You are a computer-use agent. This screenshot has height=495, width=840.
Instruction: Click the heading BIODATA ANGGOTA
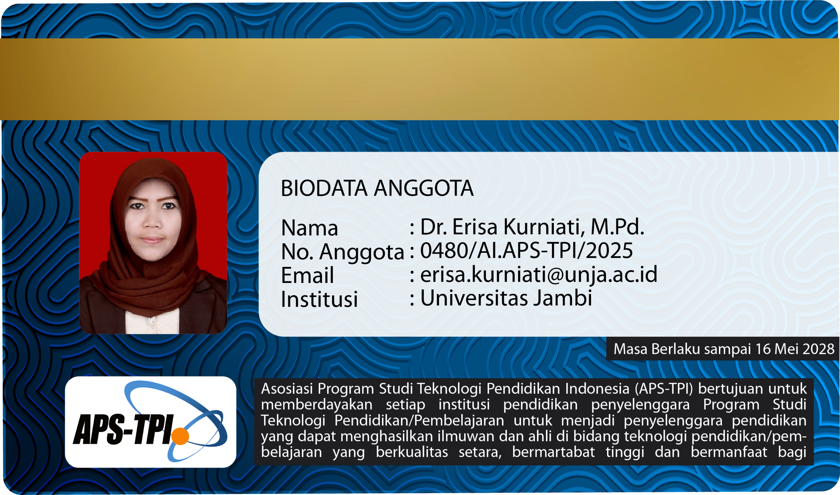point(377,188)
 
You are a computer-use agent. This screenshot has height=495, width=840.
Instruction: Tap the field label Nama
point(310,228)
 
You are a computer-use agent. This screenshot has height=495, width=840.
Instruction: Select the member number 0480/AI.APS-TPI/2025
point(526,250)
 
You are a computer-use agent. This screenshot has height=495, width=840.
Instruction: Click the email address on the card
point(539,274)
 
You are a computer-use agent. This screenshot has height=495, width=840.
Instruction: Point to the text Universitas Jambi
point(506,298)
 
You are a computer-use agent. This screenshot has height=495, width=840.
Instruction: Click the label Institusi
point(319,299)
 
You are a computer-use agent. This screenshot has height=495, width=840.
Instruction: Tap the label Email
point(307,275)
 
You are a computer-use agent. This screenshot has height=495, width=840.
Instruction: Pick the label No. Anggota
point(343,252)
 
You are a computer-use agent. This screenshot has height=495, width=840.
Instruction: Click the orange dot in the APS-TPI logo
point(180,436)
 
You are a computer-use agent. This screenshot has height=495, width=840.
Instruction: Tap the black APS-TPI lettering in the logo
point(124,430)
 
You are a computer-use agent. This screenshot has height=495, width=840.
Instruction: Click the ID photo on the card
point(153,243)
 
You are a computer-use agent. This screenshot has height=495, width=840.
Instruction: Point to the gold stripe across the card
point(420,79)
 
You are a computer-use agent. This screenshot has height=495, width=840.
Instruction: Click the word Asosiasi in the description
point(287,389)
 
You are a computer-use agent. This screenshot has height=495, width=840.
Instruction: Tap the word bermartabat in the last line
point(553,452)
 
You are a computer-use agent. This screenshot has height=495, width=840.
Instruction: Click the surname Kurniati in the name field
point(543,227)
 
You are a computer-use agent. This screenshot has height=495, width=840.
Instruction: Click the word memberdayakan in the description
point(317,405)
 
